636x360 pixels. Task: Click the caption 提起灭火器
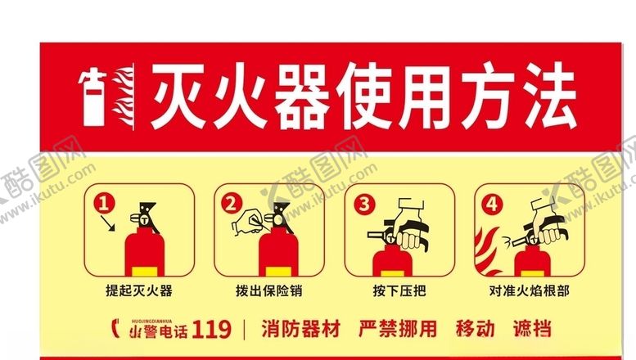click(x=138, y=290)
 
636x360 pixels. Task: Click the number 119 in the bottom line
click(x=214, y=331)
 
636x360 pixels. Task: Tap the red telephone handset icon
click(x=114, y=330)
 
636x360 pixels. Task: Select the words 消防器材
click(x=300, y=330)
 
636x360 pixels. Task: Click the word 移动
click(x=475, y=330)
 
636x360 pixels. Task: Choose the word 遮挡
click(x=531, y=330)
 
